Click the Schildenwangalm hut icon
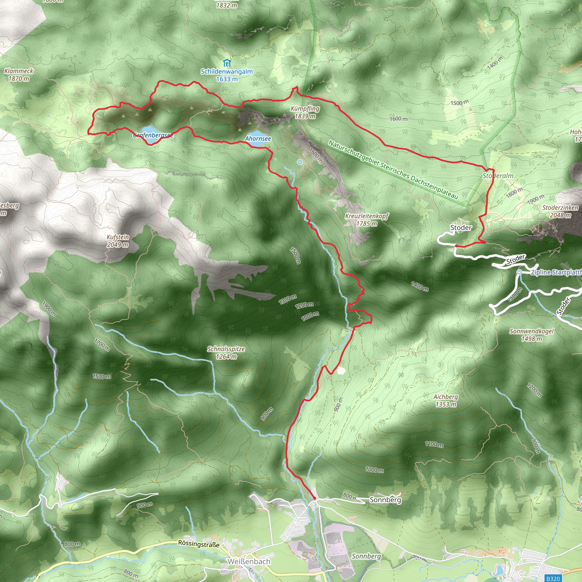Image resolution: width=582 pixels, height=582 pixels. click(x=227, y=63)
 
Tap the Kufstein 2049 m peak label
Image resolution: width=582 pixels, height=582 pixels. click(x=117, y=241)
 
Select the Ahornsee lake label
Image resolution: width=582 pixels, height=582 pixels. click(x=258, y=139)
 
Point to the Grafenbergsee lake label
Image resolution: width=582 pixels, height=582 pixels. click(x=153, y=135)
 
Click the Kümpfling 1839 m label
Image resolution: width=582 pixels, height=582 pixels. click(x=305, y=112)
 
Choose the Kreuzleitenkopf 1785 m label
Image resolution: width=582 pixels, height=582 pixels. click(x=367, y=220)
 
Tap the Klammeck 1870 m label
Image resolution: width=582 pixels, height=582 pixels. click(x=19, y=75)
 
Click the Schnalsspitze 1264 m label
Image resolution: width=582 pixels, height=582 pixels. click(x=226, y=352)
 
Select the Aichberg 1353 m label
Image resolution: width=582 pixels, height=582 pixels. click(x=446, y=400)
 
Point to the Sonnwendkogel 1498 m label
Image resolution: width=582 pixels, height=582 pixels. click(x=531, y=335)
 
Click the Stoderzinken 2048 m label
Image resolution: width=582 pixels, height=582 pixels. click(x=560, y=211)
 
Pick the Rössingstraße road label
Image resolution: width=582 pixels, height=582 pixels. click(x=199, y=544)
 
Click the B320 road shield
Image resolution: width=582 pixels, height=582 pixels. click(x=553, y=578)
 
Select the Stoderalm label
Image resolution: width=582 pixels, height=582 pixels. click(x=498, y=176)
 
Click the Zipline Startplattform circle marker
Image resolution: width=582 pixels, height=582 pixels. click(x=519, y=272)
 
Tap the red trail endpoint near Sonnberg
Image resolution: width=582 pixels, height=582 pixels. click(x=315, y=498)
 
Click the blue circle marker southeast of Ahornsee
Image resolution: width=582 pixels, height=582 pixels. click(x=300, y=162)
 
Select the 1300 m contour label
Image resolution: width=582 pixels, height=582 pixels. click(x=287, y=300)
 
